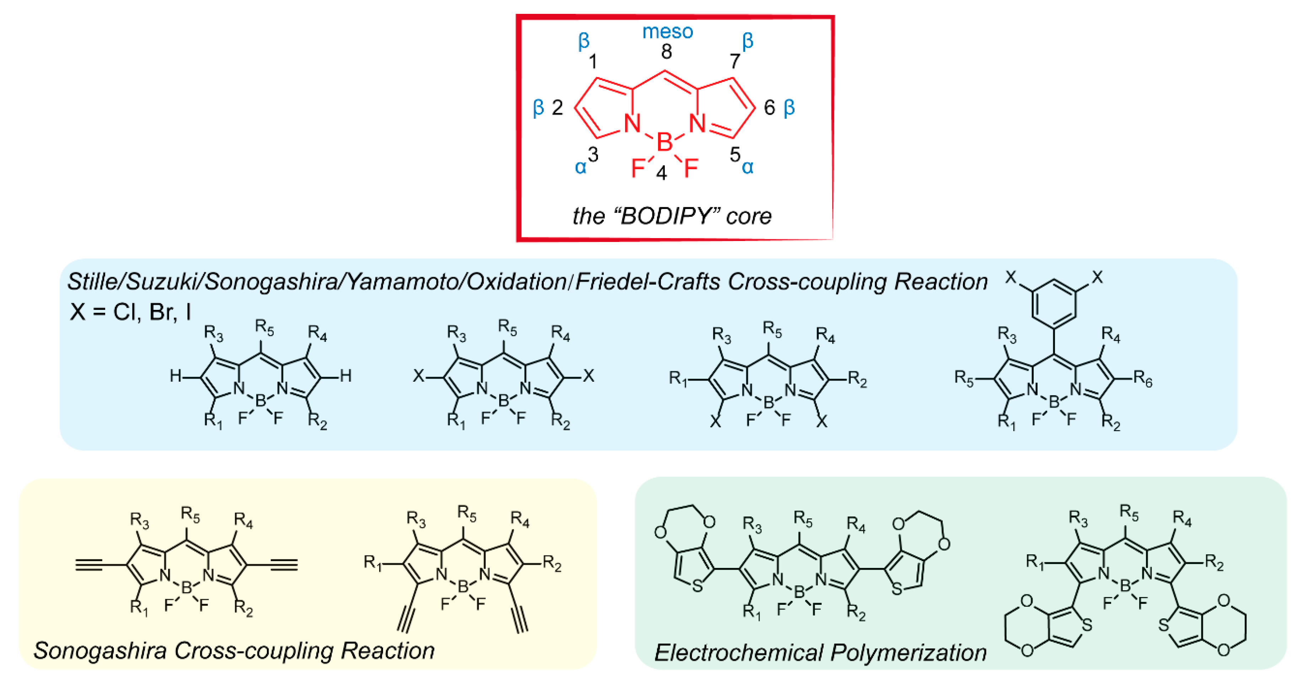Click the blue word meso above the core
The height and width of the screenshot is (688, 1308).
(x=667, y=32)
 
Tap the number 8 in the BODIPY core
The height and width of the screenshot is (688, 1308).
(x=666, y=52)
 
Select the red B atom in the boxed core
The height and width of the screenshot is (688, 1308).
(x=664, y=143)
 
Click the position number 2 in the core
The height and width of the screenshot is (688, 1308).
(x=558, y=108)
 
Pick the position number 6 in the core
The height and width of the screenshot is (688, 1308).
(x=769, y=108)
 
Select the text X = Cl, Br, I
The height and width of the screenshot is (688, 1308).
(x=130, y=312)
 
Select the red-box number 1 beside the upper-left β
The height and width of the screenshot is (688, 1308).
(x=593, y=62)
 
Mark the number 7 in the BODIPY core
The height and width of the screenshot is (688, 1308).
(x=735, y=61)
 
